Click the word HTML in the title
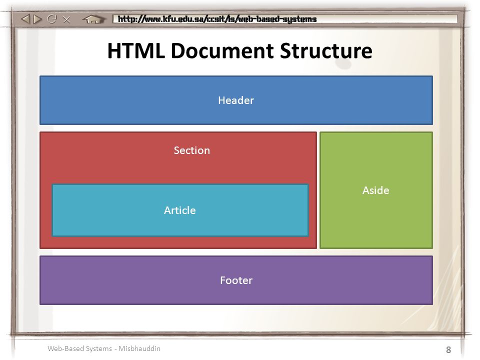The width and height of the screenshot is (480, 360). (x=136, y=50)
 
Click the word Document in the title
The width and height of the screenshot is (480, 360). (x=222, y=50)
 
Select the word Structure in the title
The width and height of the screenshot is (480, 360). (x=326, y=50)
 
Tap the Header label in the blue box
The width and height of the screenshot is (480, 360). (x=236, y=100)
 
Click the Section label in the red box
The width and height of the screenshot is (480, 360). (x=192, y=150)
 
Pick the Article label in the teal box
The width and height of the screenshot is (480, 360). (x=180, y=210)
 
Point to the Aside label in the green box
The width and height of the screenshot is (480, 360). (x=376, y=190)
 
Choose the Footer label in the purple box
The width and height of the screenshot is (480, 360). (x=236, y=280)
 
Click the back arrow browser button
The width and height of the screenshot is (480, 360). (x=25, y=19)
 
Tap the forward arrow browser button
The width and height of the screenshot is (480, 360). (x=37, y=19)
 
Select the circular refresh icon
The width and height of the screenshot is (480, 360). (x=51, y=19)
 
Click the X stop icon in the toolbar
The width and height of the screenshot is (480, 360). (x=66, y=19)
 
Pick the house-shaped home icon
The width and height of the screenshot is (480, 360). (x=93, y=19)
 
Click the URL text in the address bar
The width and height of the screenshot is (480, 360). (x=217, y=19)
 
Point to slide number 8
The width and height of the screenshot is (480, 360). (x=448, y=349)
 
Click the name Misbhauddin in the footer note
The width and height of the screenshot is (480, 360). (x=139, y=348)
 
